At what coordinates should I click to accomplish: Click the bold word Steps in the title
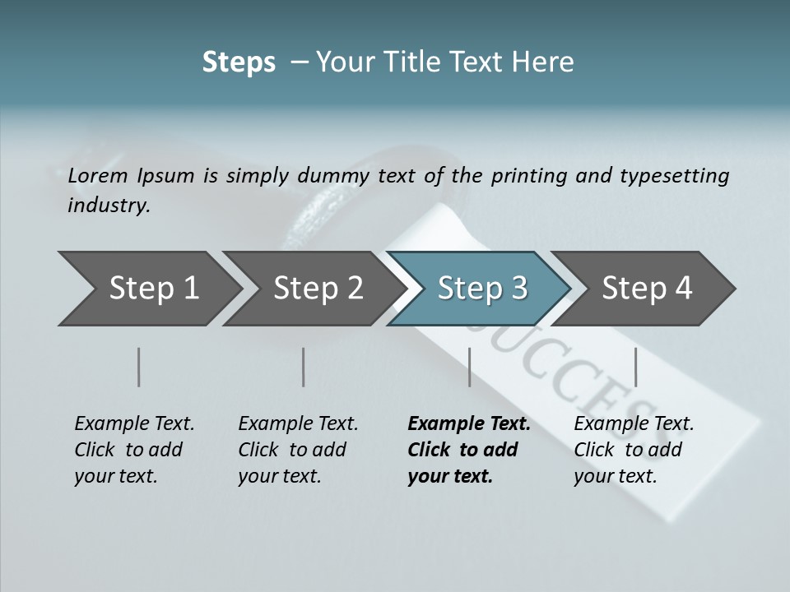click(x=239, y=62)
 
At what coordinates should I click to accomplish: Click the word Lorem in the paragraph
click(x=95, y=175)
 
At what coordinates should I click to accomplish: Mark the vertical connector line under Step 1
click(x=139, y=367)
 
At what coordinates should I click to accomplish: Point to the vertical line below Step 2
click(x=304, y=367)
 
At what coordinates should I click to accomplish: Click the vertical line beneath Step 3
click(x=469, y=367)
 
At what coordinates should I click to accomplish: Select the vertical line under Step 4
click(x=635, y=367)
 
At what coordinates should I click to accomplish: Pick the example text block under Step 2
click(x=297, y=450)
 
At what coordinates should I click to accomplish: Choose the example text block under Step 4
click(x=633, y=450)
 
